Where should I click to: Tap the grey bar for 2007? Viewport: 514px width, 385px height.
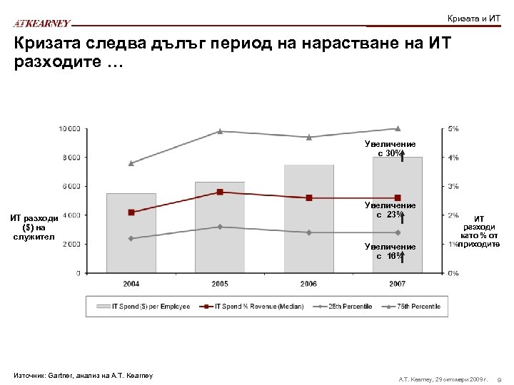398,215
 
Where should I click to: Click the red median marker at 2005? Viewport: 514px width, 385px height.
220,192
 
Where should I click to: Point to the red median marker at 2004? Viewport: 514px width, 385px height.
131,212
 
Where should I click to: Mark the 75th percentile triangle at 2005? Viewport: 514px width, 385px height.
220,131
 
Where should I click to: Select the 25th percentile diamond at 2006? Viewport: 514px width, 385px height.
308,232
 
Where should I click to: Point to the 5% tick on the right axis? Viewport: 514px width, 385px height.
453,128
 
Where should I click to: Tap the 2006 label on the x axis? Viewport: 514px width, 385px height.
308,284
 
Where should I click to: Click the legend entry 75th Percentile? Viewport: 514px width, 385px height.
415,307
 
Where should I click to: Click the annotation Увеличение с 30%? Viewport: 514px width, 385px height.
389,148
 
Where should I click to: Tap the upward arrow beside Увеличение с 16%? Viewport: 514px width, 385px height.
403,255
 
